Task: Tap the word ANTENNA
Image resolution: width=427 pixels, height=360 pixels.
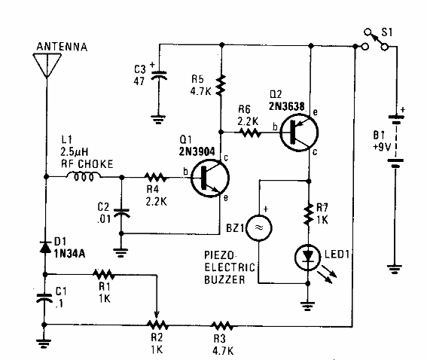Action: (x=61, y=47)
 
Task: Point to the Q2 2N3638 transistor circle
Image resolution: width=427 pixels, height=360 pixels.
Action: (x=295, y=131)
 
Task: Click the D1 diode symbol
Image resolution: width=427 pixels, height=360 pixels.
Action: (x=47, y=246)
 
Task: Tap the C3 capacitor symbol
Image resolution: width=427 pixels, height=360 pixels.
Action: (x=159, y=76)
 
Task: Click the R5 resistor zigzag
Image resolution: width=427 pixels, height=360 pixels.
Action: (x=220, y=84)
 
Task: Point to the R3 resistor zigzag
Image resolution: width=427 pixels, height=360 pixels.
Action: (x=222, y=325)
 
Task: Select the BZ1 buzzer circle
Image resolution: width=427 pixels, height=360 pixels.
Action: (x=259, y=226)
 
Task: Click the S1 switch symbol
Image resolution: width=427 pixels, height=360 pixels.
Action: (x=376, y=39)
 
